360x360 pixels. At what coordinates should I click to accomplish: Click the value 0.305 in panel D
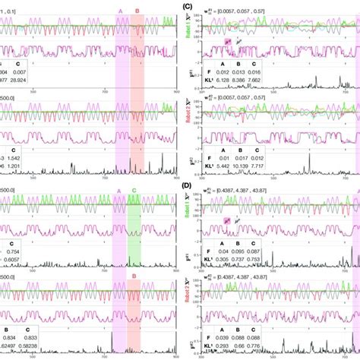pyautogui.click(x=221, y=258)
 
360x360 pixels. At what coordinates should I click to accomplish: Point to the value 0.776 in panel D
pyautogui.click(x=267, y=346)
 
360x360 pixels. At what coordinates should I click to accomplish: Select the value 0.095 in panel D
pyautogui.click(x=244, y=250)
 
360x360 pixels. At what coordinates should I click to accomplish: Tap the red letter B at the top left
pyautogui.click(x=137, y=10)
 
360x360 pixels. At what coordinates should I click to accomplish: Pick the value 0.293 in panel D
pyautogui.click(x=221, y=346)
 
